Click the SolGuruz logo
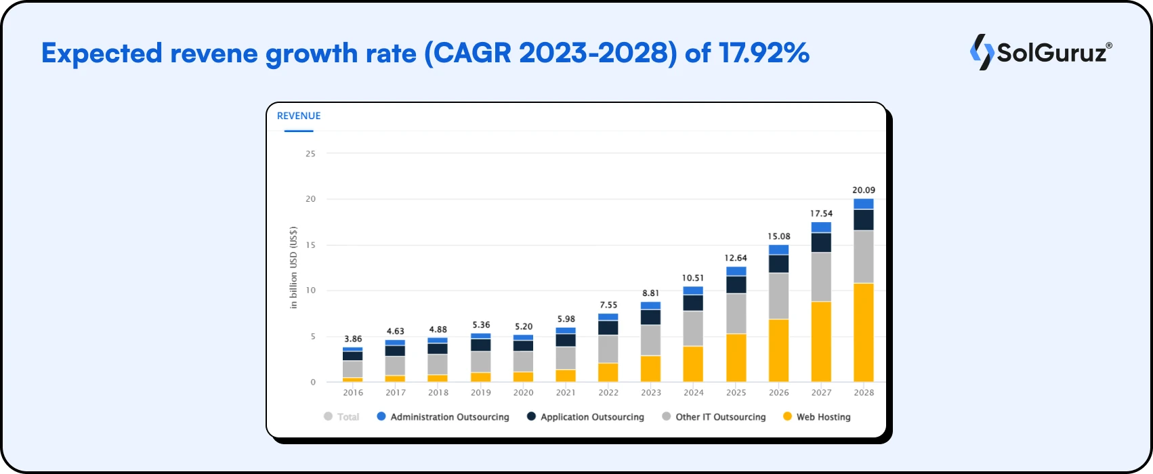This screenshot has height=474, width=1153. tap(1041, 52)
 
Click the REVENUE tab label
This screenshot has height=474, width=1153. tap(299, 116)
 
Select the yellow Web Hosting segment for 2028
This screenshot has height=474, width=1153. tap(863, 332)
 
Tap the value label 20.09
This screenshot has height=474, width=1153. tap(863, 190)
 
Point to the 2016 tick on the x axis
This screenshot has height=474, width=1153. tap(353, 392)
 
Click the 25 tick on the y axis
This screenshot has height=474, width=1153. tap(310, 154)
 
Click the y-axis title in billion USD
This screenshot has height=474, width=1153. tap(294, 267)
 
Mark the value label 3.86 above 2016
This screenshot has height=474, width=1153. tap(353, 339)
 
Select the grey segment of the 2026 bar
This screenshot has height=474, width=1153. tap(778, 296)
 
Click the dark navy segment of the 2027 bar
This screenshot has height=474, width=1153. tap(821, 242)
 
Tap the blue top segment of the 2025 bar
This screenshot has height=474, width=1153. tap(736, 271)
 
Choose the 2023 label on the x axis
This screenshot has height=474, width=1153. tap(650, 392)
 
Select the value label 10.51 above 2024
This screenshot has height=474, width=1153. tap(693, 278)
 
